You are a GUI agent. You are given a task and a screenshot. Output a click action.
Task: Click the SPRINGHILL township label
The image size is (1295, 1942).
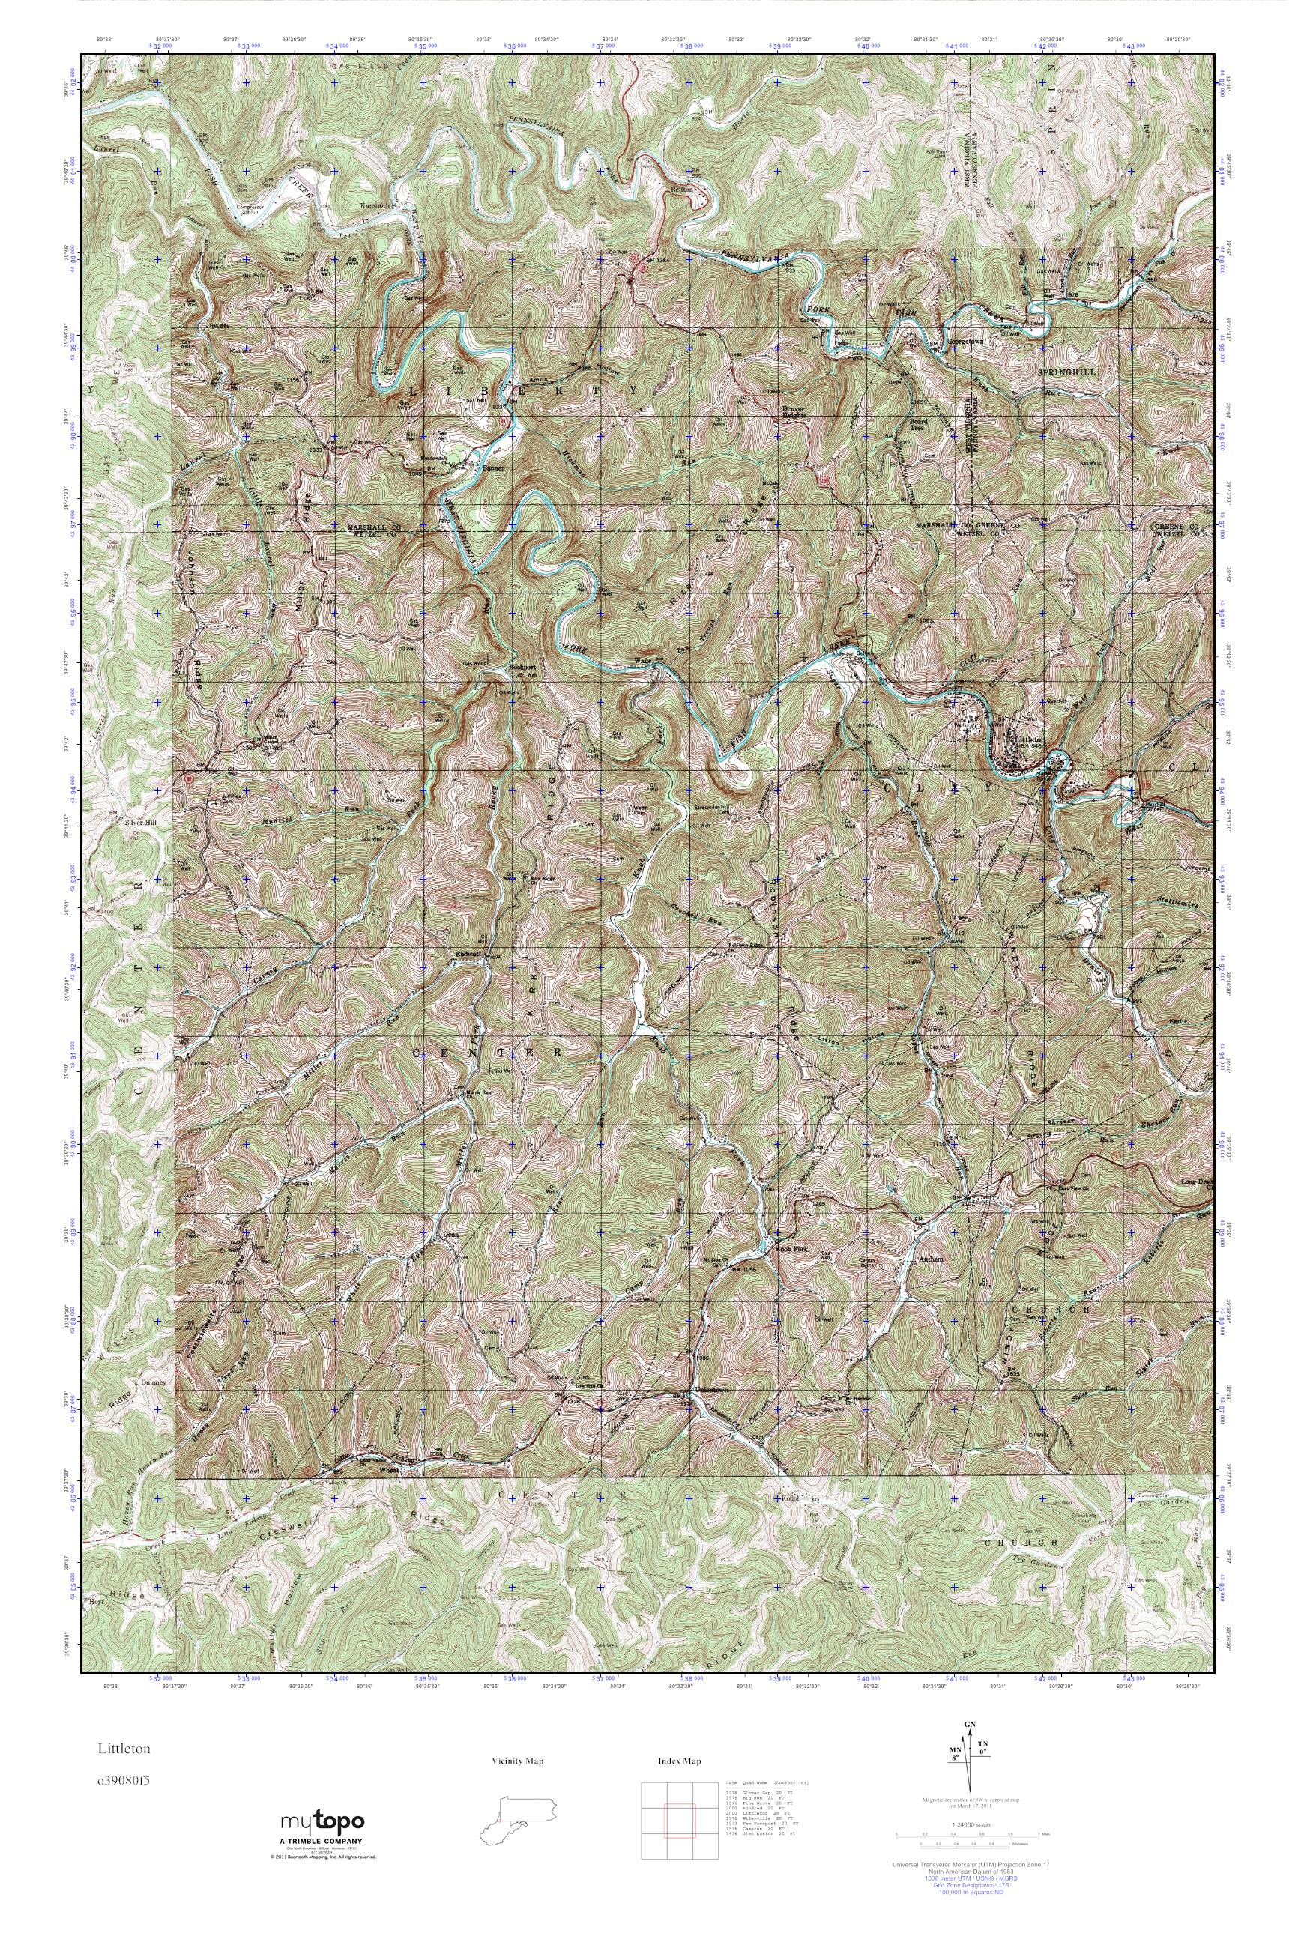(1066, 372)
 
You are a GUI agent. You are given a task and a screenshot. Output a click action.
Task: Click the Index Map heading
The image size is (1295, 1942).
(679, 1761)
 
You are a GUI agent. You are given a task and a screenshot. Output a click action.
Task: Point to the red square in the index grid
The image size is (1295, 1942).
(677, 1819)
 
